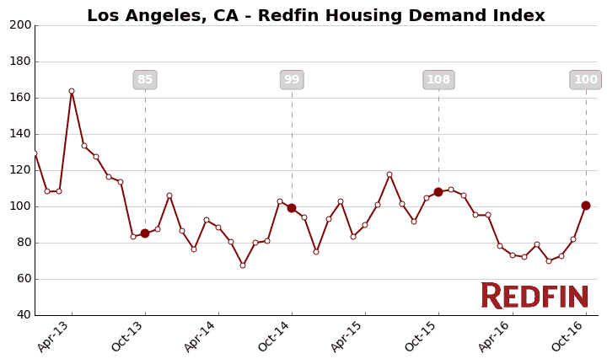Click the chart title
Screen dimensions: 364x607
click(x=315, y=16)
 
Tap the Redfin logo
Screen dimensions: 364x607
click(x=534, y=296)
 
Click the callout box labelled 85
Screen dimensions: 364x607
click(x=145, y=80)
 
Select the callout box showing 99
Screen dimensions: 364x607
click(x=292, y=80)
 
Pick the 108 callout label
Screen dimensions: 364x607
click(x=438, y=80)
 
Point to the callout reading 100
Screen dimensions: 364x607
click(x=585, y=80)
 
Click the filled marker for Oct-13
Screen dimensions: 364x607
click(x=145, y=233)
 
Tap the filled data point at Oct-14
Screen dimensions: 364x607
click(x=292, y=208)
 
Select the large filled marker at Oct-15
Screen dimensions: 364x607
click(x=438, y=192)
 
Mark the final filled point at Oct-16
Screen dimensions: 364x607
click(x=586, y=206)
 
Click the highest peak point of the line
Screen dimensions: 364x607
click(x=72, y=91)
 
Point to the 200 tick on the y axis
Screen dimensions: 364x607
click(x=20, y=25)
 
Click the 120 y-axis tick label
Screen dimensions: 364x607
click(x=20, y=170)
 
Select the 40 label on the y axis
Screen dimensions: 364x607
click(x=24, y=315)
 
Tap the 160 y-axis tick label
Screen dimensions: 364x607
click(x=20, y=98)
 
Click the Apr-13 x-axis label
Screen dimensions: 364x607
click(x=54, y=337)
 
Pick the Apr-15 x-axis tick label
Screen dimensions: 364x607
click(x=347, y=337)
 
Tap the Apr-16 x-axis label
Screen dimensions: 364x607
click(x=494, y=337)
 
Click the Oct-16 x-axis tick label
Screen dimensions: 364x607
click(x=568, y=337)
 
